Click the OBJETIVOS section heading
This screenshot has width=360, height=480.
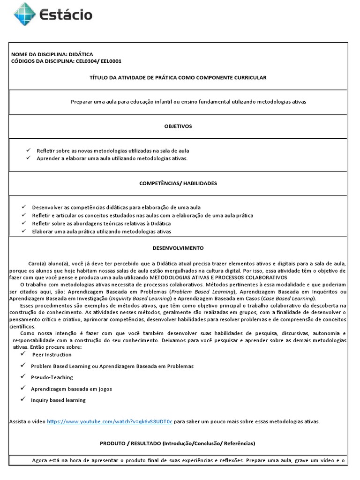click(178, 126)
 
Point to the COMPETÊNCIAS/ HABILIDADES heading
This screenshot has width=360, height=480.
click(178, 183)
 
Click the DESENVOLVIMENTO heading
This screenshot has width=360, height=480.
click(178, 248)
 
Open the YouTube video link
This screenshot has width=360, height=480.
click(110, 421)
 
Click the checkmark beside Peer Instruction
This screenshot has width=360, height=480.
click(22, 354)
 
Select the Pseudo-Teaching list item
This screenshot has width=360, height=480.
click(52, 377)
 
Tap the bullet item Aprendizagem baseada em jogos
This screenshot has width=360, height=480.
click(71, 389)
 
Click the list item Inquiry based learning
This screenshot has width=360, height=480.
click(58, 400)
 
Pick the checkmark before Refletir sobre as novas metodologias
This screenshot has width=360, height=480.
click(28, 150)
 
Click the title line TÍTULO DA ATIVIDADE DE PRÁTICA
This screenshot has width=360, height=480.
click(178, 77)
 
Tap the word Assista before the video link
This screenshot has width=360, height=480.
click(18, 421)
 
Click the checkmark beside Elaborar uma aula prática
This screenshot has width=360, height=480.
click(22, 231)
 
